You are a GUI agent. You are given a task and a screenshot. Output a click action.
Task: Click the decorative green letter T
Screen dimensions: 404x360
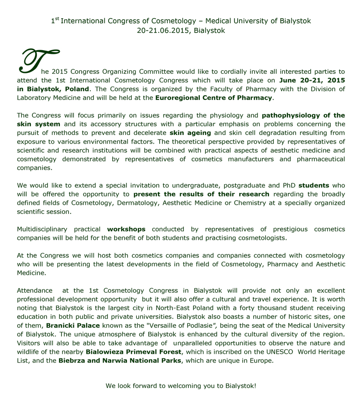[34, 62]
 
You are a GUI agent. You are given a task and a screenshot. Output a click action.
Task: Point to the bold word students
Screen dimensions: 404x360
[314, 186]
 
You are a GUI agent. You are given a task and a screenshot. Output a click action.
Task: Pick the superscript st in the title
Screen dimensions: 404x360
[57, 19]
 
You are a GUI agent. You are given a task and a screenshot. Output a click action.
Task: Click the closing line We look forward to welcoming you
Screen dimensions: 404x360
[181, 386]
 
